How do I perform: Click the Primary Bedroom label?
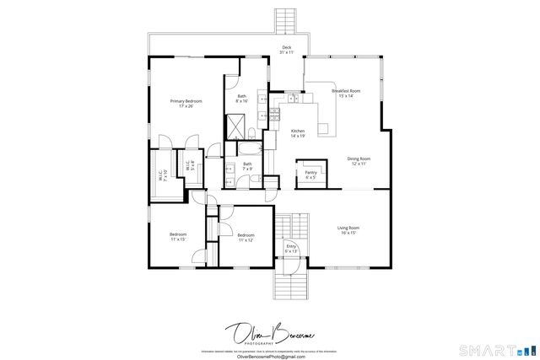click(x=186, y=103)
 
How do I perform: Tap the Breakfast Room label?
click(x=346, y=93)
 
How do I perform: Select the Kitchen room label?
click(x=298, y=133)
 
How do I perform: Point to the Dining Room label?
click(x=359, y=160)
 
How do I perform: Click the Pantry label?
click(x=310, y=175)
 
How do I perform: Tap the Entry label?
click(x=291, y=249)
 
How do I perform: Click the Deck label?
click(x=287, y=50)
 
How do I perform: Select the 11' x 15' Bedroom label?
click(x=177, y=237)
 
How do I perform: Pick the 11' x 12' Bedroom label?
click(x=246, y=237)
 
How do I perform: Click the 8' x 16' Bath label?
click(x=242, y=98)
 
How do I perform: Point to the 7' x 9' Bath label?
click(x=247, y=166)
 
